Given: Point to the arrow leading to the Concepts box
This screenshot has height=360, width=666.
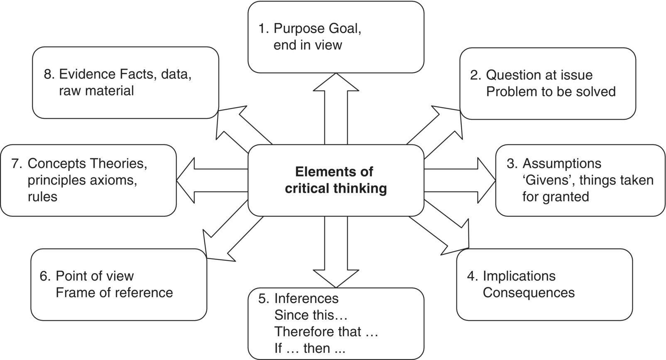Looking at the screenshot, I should tap(212, 180).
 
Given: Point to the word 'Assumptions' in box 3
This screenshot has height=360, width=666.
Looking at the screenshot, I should tap(561, 163).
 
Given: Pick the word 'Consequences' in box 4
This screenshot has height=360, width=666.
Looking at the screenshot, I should tap(529, 292).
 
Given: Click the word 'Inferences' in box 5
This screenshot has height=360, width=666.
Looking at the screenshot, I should tap(306, 298).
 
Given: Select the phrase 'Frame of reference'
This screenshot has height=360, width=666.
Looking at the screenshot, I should tap(114, 292).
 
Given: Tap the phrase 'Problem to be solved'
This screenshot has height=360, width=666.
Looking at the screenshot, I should tap(551, 91).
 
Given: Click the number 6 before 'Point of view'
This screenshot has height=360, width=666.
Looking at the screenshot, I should tap(44, 276).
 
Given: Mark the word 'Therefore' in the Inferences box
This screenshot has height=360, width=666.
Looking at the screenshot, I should tap(303, 331).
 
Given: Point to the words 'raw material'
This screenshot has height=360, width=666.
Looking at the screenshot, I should tap(96, 91).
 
